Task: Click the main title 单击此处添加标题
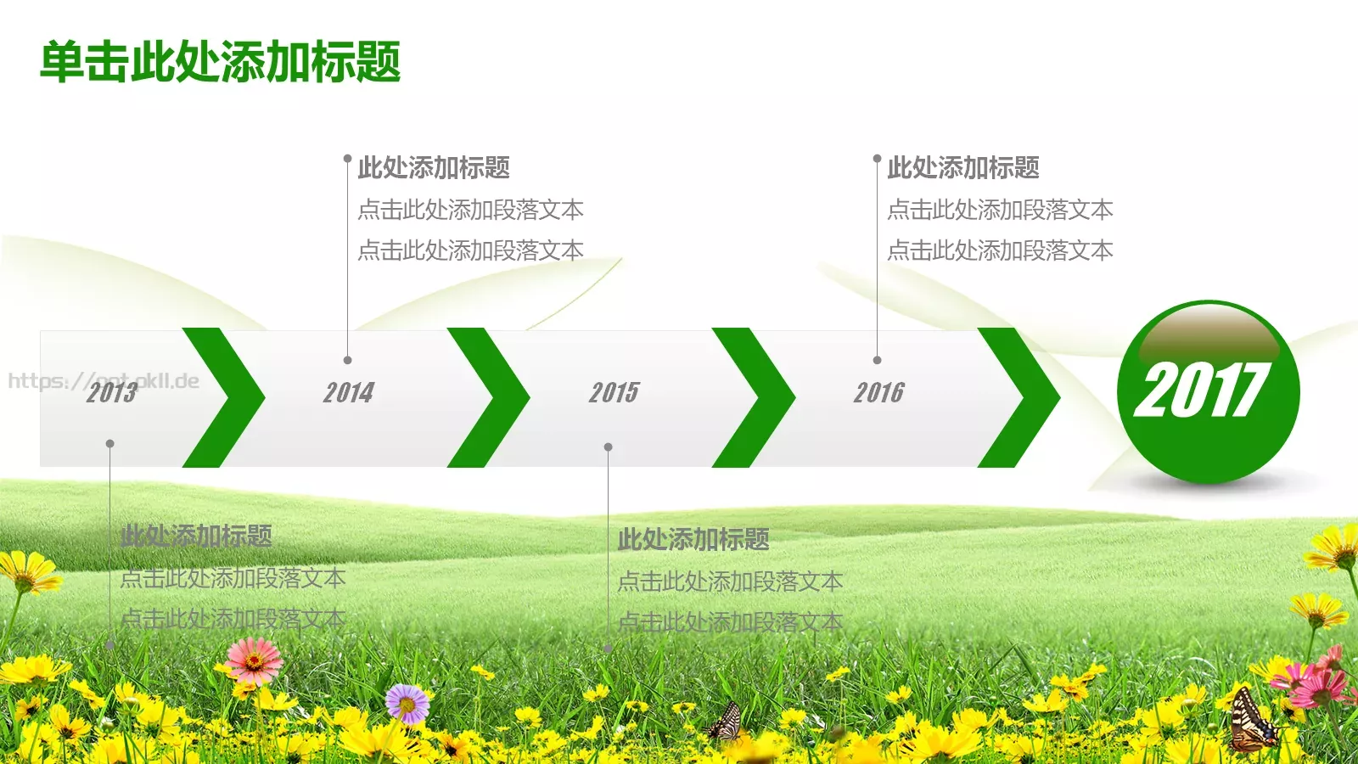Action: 221,62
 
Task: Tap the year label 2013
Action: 111,392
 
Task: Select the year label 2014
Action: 348,392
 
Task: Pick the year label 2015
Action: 614,392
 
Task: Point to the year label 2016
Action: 878,392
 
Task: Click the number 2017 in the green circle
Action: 1200,390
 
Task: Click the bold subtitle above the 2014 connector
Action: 434,168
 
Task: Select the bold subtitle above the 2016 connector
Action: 963,168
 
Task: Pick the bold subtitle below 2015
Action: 693,539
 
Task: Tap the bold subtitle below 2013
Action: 196,536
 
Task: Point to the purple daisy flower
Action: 407,703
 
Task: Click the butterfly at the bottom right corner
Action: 1253,722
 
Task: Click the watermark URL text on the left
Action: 104,380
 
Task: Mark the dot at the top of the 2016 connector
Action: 877,159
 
